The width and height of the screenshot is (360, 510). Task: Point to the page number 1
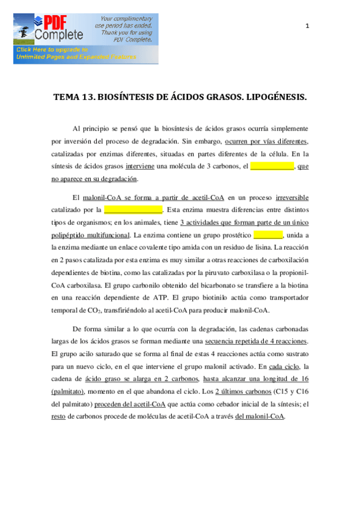click(x=307, y=26)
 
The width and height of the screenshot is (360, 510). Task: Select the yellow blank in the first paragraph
click(x=272, y=167)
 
